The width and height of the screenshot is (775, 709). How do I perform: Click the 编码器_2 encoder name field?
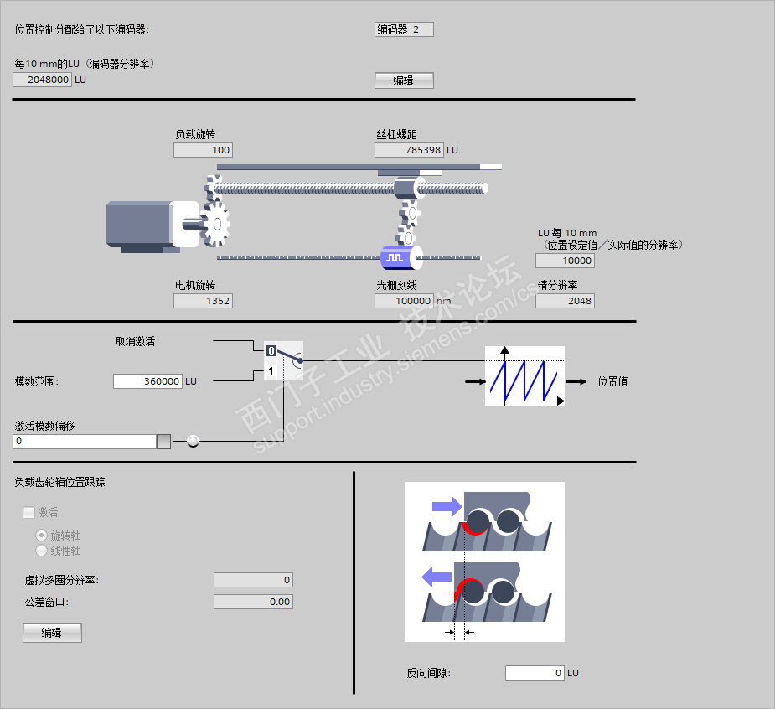pos(404,30)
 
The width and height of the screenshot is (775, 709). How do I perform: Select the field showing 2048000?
pos(42,80)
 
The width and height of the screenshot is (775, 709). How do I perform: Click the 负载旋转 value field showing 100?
pos(203,150)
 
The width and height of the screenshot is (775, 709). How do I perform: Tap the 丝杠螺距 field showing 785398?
pos(409,150)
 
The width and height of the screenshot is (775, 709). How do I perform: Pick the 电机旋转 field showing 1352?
pos(203,301)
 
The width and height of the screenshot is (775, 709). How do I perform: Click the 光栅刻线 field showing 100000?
pos(404,301)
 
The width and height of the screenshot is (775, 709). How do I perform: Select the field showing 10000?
pos(565,261)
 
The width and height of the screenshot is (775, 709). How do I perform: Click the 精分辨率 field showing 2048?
pos(565,301)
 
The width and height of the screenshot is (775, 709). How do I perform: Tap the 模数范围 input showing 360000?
pos(147,381)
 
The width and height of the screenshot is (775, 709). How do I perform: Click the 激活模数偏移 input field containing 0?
pos(85,442)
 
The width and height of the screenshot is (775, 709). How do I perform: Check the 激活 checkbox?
pos(28,512)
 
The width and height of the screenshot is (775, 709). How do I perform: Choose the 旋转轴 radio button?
pos(41,535)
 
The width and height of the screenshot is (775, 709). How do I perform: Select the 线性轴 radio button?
pos(41,551)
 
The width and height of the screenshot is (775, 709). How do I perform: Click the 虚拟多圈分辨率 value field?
pos(253,580)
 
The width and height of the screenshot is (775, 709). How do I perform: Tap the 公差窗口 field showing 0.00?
pos(253,602)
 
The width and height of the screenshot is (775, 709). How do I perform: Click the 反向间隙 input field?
pos(535,673)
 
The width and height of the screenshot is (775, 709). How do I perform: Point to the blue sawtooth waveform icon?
pos(524,376)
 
